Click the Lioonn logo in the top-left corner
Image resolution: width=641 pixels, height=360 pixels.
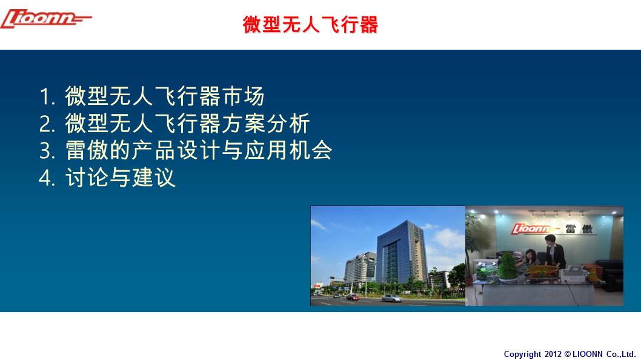click(x=46, y=19)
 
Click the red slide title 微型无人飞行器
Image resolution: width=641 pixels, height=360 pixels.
click(x=310, y=24)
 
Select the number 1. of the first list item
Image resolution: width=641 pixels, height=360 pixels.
click(x=47, y=97)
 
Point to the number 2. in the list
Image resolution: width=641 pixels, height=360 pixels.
click(x=47, y=124)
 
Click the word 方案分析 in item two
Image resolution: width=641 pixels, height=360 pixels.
click(x=266, y=123)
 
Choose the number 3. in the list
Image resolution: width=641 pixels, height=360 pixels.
click(x=47, y=151)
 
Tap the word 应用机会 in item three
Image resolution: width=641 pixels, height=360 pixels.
click(x=288, y=150)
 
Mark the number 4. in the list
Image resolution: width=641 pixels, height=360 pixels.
click(x=47, y=178)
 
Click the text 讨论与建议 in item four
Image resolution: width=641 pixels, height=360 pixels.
click(x=120, y=177)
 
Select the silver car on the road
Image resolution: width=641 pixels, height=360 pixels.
click(x=391, y=298)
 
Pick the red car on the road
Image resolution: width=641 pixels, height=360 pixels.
click(x=353, y=298)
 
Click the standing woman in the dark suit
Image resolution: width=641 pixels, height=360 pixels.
click(x=554, y=252)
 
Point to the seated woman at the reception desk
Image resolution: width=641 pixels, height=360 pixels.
click(x=530, y=259)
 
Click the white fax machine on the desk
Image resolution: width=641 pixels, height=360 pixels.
click(x=574, y=273)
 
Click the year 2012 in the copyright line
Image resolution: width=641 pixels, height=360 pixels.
click(x=553, y=355)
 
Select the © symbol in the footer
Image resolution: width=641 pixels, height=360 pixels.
click(x=568, y=354)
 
